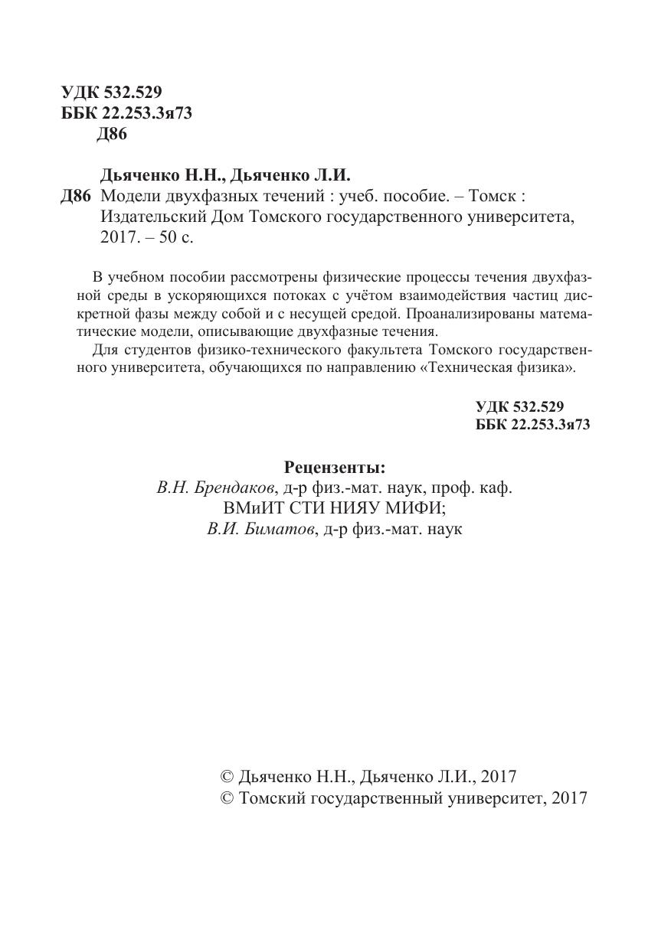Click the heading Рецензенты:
[335, 467]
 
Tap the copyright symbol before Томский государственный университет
[227, 797]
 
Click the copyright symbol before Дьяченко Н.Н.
[227, 776]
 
